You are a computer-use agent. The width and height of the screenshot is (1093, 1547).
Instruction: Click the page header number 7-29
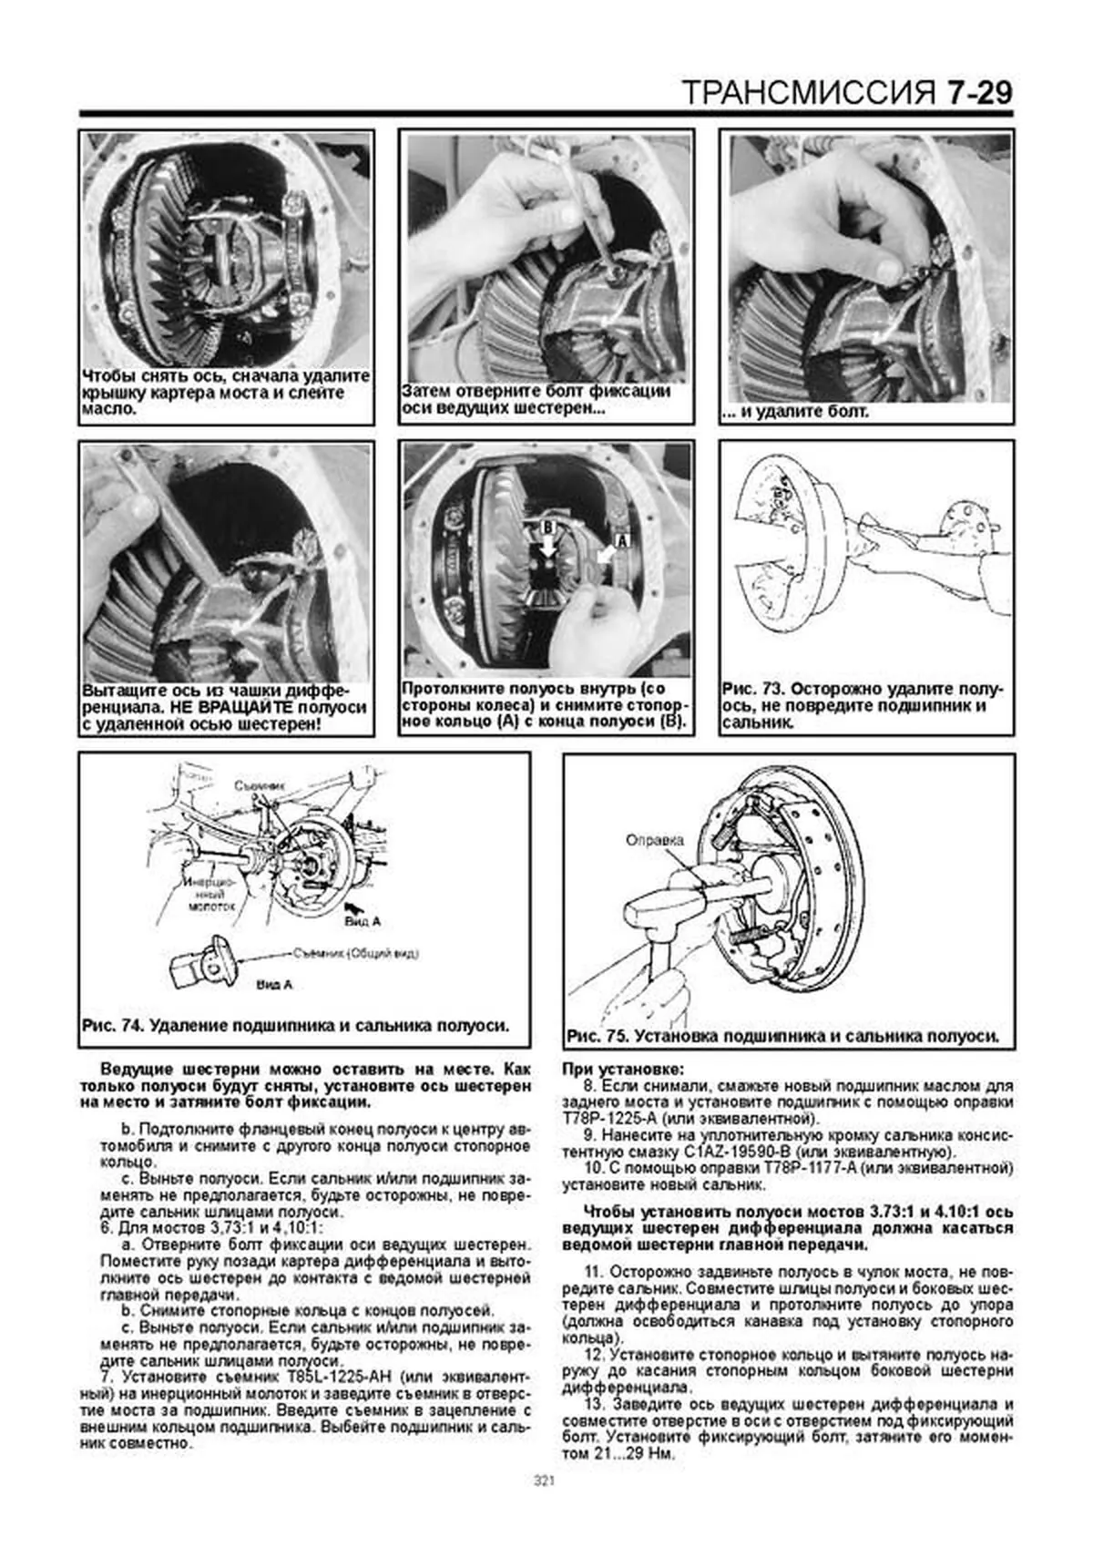pyautogui.click(x=979, y=93)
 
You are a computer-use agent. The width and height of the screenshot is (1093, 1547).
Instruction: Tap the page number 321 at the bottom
pyautogui.click(x=545, y=1480)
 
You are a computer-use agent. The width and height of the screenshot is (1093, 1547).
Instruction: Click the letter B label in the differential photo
pyautogui.click(x=548, y=527)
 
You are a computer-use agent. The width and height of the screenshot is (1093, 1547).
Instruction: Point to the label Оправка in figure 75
pyautogui.click(x=654, y=841)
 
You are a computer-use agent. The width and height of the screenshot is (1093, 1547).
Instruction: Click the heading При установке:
pyautogui.click(x=623, y=1069)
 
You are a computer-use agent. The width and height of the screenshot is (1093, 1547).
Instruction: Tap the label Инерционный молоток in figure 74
pyautogui.click(x=211, y=895)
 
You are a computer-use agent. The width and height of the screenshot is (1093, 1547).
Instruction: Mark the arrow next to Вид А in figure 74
pyautogui.click(x=355, y=907)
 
